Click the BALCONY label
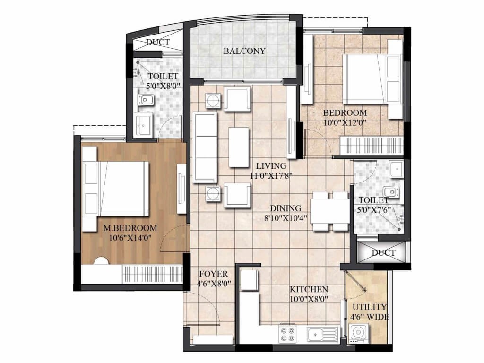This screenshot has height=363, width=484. tap(244, 51)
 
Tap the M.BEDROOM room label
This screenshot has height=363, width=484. tap(130, 228)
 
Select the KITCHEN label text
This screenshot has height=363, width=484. tap(309, 289)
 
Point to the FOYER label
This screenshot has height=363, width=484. tap(213, 274)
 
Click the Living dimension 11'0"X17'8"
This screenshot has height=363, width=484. tap(271, 176)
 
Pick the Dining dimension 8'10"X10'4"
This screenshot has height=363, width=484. tap(285, 218)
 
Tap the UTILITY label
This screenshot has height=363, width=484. tap(370, 307)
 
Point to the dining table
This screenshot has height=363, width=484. tap(330, 211)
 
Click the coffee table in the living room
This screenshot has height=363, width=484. tap(239, 147)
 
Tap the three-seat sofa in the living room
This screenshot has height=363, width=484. tap(204, 147)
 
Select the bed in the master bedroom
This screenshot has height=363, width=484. tap(116, 189)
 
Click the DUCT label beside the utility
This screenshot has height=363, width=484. tap(383, 253)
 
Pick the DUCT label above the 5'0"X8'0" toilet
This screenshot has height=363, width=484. tap(158, 42)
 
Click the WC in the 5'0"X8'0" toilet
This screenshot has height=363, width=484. tap(146, 100)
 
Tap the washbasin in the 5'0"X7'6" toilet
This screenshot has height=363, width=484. tap(396, 169)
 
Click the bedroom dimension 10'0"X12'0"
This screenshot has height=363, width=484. tap(345, 122)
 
